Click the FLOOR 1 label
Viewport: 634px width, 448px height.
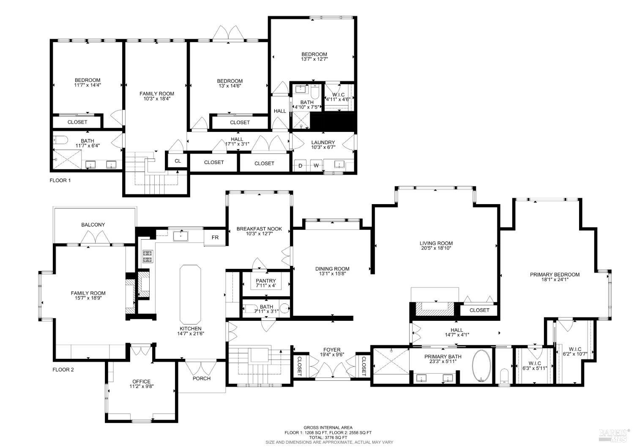(60, 180)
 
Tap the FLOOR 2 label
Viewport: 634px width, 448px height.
(63, 369)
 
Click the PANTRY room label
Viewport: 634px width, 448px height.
(265, 281)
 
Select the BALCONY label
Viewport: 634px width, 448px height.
(93, 225)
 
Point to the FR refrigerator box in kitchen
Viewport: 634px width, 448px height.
(215, 238)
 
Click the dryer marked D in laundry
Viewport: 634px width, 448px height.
(301, 166)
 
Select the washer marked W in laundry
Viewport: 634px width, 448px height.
(316, 166)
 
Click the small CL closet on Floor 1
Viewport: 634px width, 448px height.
(178, 161)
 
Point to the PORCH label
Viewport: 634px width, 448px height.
(202, 378)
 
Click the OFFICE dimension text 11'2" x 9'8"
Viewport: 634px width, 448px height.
(141, 387)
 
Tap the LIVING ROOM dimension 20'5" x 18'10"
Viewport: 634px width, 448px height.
(436, 249)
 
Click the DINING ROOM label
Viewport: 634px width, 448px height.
(332, 268)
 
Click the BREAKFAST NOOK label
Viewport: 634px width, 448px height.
(259, 229)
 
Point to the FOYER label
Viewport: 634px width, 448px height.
(332, 350)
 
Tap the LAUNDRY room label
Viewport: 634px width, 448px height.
(323, 142)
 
